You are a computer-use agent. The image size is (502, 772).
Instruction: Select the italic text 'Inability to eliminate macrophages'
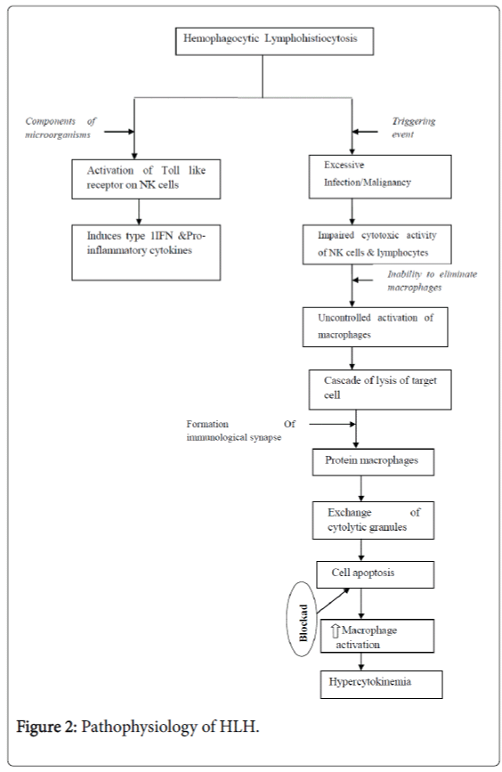pyautogui.click(x=431, y=281)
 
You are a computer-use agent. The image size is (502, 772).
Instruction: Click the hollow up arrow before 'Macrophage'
pyautogui.click(x=333, y=629)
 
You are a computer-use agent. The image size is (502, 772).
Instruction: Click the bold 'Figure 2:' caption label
pyautogui.click(x=47, y=727)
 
